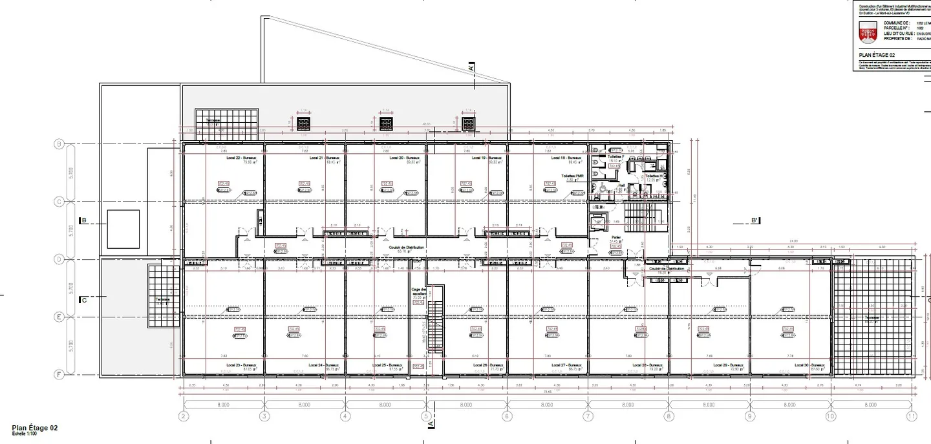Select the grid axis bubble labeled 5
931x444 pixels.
point(426,417)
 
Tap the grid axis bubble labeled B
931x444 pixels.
point(59,144)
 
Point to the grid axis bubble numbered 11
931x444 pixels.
point(912,417)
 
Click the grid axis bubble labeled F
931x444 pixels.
point(59,374)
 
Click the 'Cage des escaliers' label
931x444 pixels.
point(418,291)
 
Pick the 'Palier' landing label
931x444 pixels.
point(615,237)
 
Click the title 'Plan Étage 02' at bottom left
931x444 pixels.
point(35,428)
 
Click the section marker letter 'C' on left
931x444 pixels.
point(84,300)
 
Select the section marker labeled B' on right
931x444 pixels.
point(754,220)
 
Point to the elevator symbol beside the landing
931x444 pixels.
point(598,222)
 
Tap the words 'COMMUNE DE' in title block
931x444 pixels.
point(895,23)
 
